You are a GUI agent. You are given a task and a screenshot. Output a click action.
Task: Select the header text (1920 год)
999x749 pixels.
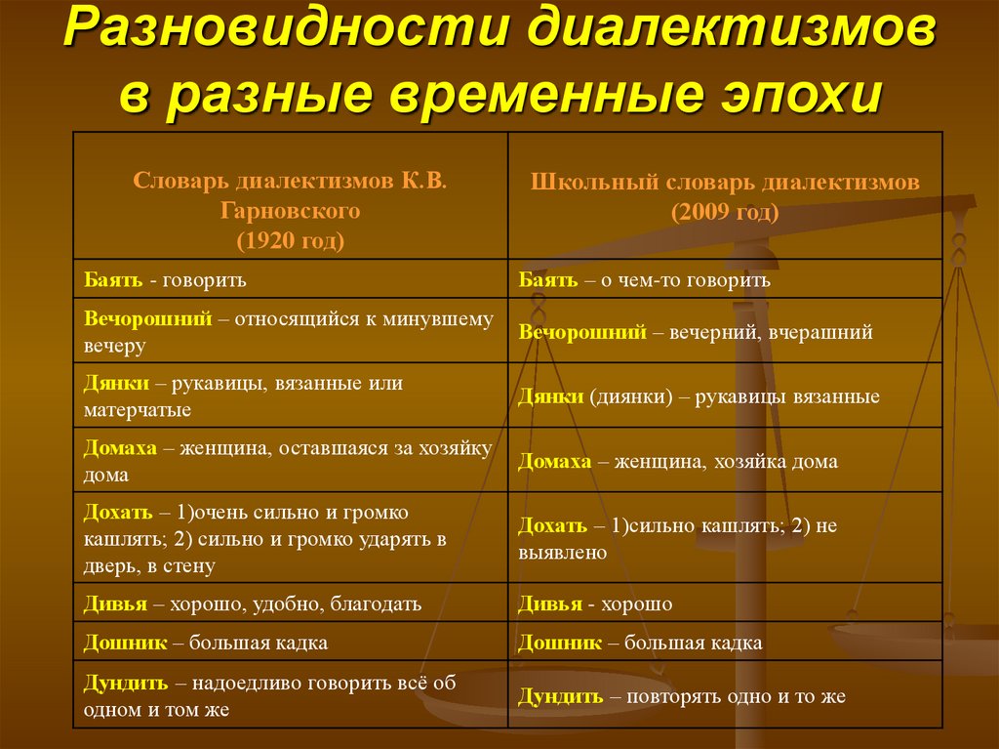click(x=291, y=238)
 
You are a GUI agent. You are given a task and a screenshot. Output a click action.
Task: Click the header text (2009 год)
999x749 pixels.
click(x=724, y=212)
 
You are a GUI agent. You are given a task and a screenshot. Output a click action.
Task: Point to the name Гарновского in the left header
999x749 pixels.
click(x=291, y=210)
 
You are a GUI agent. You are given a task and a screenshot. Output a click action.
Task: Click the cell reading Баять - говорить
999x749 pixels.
click(x=165, y=280)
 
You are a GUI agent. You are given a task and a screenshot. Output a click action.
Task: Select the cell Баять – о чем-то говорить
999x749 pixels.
click(x=644, y=280)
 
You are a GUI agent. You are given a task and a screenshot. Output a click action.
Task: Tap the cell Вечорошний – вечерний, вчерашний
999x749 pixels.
click(x=695, y=332)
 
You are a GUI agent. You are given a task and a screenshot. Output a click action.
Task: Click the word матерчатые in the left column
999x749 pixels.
click(x=138, y=410)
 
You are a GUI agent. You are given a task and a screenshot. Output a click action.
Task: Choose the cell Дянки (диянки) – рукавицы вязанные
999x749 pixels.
click(x=699, y=396)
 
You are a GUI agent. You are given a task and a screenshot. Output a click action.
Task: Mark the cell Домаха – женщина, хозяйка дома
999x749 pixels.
click(x=677, y=461)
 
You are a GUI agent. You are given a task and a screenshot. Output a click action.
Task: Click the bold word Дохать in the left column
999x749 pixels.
click(x=118, y=513)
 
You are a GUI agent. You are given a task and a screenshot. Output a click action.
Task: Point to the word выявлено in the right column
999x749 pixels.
click(x=563, y=553)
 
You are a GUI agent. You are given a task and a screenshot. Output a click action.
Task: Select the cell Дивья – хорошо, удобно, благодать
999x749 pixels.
click(x=253, y=603)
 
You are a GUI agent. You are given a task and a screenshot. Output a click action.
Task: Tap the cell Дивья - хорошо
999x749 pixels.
click(x=595, y=603)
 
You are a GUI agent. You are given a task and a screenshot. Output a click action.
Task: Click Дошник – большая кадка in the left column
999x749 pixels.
click(x=206, y=643)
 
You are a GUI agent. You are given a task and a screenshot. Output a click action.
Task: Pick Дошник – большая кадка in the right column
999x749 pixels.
click(x=640, y=643)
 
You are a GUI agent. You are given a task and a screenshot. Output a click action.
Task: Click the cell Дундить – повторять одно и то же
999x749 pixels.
click(x=681, y=696)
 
